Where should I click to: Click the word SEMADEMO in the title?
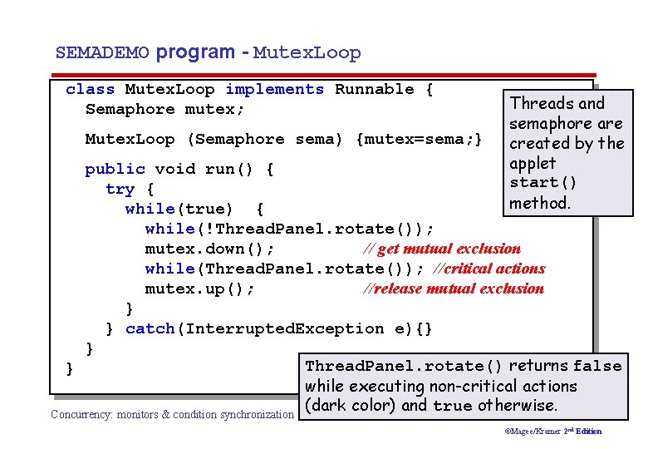pos(102,53)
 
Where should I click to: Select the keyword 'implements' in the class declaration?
pos(274,90)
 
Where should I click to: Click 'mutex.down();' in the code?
pos(210,249)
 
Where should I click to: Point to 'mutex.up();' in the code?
pos(200,289)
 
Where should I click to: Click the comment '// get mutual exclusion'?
pos(442,249)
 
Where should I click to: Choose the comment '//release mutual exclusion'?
pos(454,289)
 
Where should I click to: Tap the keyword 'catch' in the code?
pos(150,328)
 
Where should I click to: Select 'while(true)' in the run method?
pos(179,209)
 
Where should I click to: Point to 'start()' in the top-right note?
pos(543,183)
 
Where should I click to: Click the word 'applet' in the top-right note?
pos(533,163)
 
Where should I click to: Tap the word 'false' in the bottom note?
pos(596,366)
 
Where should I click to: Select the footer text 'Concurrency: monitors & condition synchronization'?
pos(172,414)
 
